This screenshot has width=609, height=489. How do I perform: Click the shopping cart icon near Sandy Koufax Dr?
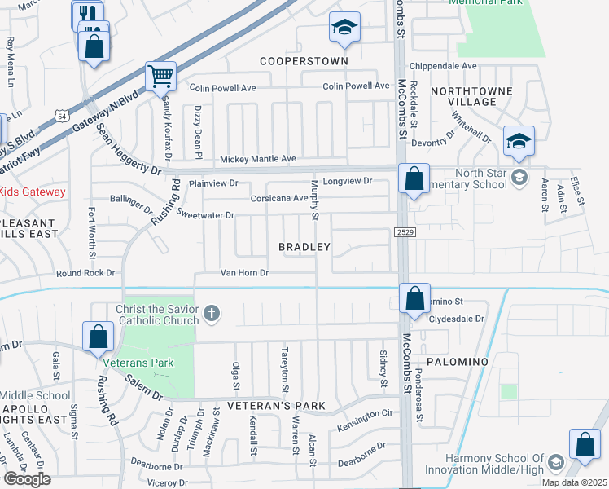coord(160,77)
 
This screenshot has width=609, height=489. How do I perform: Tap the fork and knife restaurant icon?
coord(87,14)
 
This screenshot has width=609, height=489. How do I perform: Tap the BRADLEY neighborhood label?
coord(304,246)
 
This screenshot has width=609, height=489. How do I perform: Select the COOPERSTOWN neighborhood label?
coord(304,61)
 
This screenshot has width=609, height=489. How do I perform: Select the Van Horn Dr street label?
coord(244,273)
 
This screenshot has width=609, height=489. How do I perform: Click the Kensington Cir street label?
coord(369,415)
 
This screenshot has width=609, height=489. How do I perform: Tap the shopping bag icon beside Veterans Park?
coord(98,336)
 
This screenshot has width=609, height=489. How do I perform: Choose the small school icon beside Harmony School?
coord(555,463)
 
